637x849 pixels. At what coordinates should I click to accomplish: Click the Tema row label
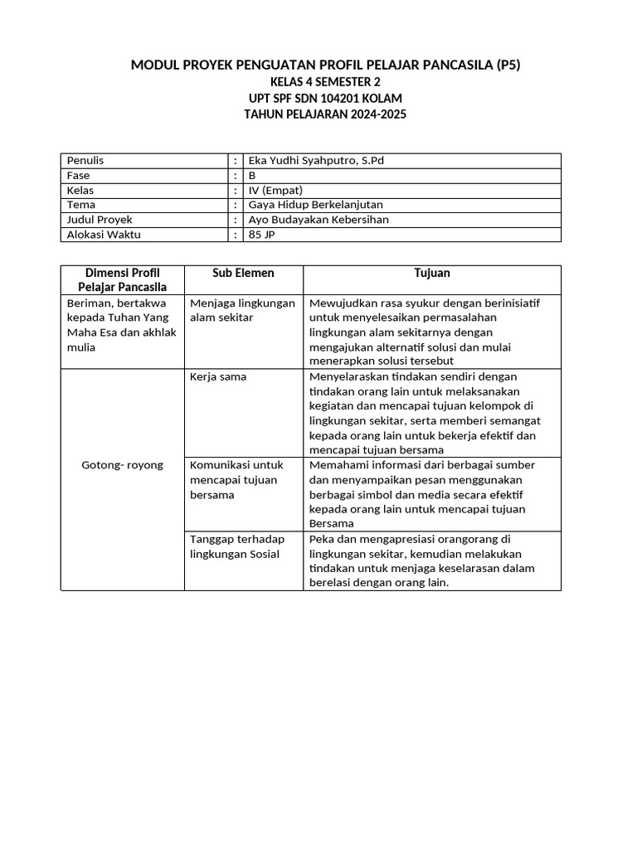81,205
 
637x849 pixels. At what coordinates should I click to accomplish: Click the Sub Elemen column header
243,273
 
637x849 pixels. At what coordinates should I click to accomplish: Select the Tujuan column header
432,273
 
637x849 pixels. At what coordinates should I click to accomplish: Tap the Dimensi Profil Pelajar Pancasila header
123,280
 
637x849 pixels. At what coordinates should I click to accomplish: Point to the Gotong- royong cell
122,465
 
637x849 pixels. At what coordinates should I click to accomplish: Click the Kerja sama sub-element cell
218,376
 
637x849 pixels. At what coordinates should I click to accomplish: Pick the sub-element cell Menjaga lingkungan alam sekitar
242,310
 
